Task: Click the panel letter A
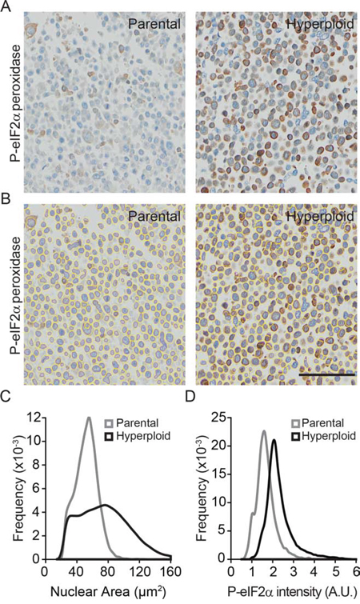pyautogui.click(x=6, y=7)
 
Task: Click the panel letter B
pyautogui.click(x=6, y=200)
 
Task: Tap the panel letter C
pyautogui.click(x=6, y=397)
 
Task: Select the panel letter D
pyautogui.click(x=191, y=397)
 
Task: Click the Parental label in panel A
pyautogui.click(x=154, y=24)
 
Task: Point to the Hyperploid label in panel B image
pyautogui.click(x=319, y=217)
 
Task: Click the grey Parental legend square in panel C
pyautogui.click(x=110, y=423)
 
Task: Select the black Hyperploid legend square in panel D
pyautogui.click(x=297, y=436)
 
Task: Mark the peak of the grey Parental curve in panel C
pyautogui.click(x=89, y=418)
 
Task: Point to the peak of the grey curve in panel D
pyautogui.click(x=264, y=431)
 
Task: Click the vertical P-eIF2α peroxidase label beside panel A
pyautogui.click(x=16, y=103)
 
